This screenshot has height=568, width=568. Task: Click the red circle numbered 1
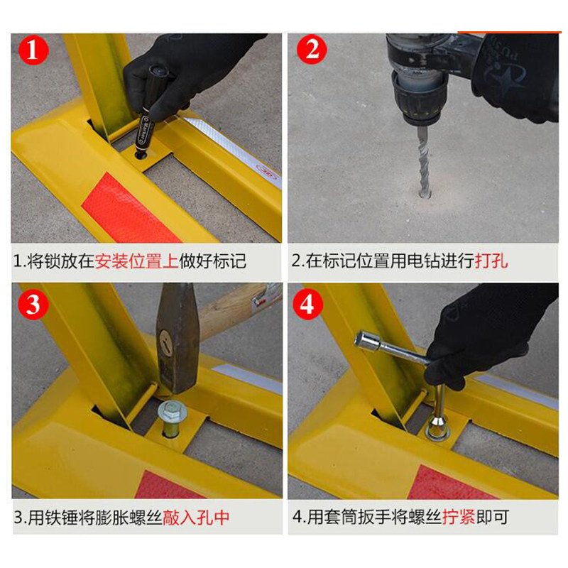pos(33,50)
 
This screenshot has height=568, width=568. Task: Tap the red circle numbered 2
pos(312,49)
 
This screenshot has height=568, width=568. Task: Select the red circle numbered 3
pos(33,305)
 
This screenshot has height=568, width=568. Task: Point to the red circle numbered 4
pos(307,305)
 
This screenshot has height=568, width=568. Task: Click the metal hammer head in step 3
pos(177,339)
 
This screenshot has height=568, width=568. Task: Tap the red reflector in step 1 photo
pos(131,209)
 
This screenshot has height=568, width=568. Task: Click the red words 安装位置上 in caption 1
pos(137,261)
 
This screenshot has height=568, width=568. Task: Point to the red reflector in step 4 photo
pos(452,483)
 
